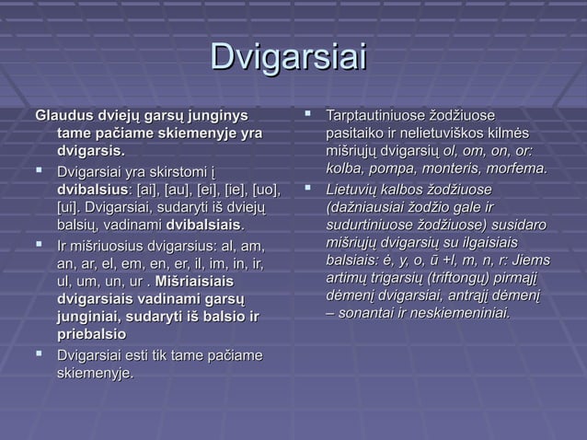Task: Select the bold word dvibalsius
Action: (91, 189)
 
